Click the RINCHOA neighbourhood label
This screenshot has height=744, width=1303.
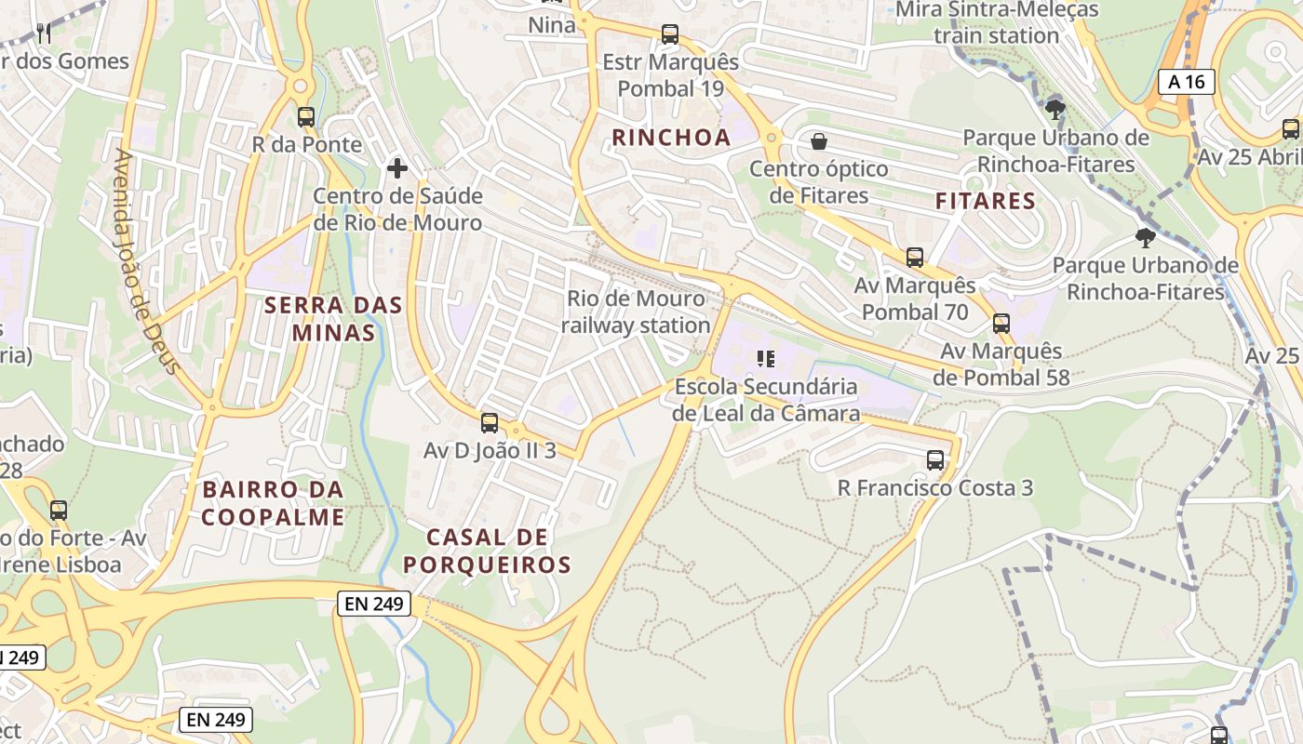coord(670,138)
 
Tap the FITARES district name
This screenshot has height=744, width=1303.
coord(985,201)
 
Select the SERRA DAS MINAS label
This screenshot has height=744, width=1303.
coord(333,318)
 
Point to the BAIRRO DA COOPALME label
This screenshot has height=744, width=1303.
coord(273,503)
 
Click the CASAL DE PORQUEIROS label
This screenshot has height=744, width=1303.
coord(487,551)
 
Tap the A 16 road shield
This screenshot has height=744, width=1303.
coord(1187,82)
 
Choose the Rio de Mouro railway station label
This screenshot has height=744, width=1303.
coord(636,312)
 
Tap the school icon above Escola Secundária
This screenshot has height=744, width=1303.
coord(766,358)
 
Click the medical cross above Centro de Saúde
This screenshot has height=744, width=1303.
coord(397,168)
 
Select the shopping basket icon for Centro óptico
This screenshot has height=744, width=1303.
coord(819,141)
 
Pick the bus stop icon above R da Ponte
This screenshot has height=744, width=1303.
coord(306,117)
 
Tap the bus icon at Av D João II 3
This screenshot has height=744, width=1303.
coord(490,423)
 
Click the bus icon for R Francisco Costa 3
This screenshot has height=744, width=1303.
coord(935,460)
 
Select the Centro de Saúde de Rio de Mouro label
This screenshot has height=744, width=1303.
coord(397,209)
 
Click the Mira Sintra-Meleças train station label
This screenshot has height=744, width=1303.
coord(996,22)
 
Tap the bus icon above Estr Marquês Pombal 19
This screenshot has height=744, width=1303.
coord(669,34)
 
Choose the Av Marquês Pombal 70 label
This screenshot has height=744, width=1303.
coord(915,299)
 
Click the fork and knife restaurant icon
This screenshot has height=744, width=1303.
coord(44,34)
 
